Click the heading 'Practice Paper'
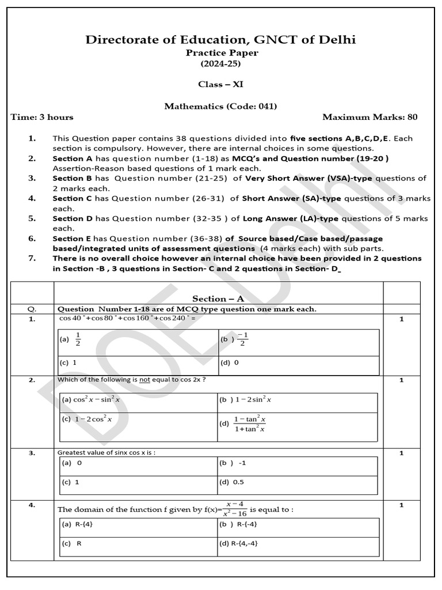tap(221, 53)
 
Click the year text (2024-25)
tap(221, 63)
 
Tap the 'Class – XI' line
tap(221, 84)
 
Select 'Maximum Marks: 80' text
tap(369, 117)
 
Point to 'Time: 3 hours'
tap(43, 117)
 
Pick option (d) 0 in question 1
tap(228, 363)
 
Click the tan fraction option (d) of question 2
tap(244, 424)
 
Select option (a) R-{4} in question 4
tap(75, 524)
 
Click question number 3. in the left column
tap(32, 453)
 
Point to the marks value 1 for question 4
tap(401, 505)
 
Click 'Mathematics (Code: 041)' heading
tap(221, 106)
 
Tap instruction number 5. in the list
tap(32, 218)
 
